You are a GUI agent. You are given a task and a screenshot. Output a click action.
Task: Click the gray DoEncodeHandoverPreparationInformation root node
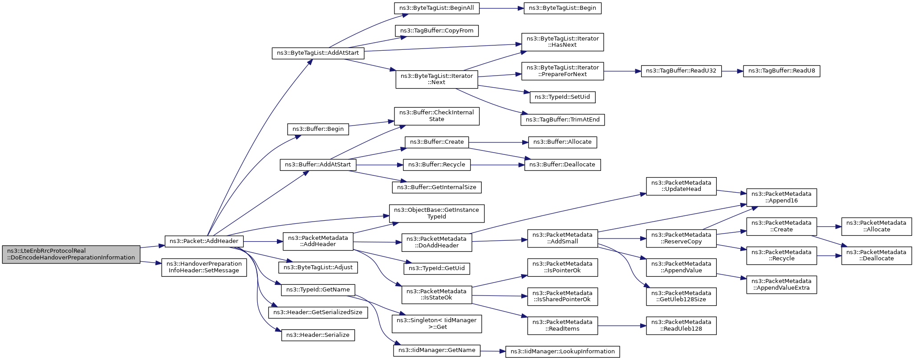[x=71, y=254]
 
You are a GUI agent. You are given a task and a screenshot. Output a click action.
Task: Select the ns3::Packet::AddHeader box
[x=204, y=241]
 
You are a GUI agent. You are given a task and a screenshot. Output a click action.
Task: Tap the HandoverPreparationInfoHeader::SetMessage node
[x=204, y=267]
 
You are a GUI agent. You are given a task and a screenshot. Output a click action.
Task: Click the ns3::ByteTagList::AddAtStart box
[x=318, y=53]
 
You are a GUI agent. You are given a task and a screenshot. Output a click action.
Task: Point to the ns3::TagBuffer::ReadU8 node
[x=782, y=71]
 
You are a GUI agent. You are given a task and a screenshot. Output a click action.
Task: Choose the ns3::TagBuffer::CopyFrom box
[x=437, y=31]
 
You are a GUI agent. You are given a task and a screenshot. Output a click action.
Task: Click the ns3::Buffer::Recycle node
[x=437, y=165]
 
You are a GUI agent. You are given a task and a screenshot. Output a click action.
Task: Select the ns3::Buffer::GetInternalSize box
[x=437, y=187]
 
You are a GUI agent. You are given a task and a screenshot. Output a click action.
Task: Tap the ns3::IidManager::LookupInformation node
[x=563, y=352]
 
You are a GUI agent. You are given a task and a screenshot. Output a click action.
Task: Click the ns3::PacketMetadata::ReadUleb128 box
[x=681, y=325]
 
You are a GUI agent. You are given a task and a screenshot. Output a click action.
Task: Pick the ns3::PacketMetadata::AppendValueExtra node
[x=782, y=284]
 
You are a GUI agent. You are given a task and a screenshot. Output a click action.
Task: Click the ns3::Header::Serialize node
[x=318, y=335]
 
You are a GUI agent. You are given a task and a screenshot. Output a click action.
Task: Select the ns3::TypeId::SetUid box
[x=563, y=97]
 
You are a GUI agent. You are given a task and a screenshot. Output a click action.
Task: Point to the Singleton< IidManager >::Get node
[x=437, y=324]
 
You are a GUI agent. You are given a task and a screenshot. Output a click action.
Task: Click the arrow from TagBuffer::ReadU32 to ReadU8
[x=732, y=71]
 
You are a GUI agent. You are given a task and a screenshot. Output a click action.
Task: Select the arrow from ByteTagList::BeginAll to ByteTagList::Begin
[x=501, y=8]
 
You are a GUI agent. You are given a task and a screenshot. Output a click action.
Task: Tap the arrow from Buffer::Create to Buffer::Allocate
[x=498, y=142]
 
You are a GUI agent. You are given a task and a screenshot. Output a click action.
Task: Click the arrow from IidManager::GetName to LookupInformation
[x=493, y=351]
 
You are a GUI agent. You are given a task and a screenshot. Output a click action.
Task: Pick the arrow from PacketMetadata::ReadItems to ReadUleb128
[x=622, y=326]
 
